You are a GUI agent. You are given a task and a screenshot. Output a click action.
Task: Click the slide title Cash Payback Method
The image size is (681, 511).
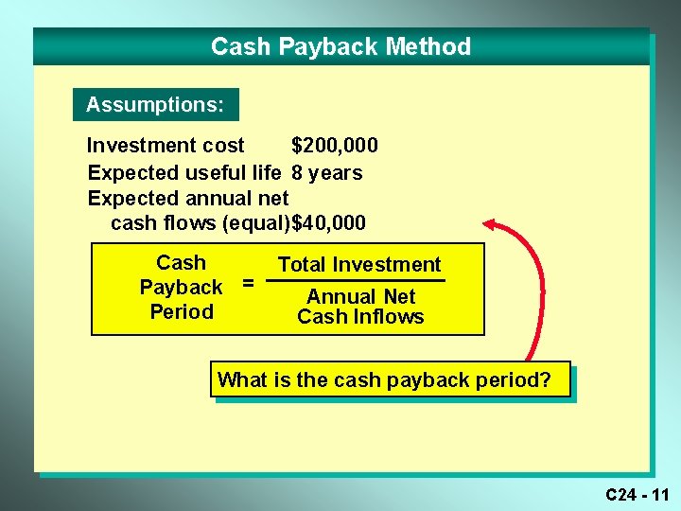click(x=340, y=46)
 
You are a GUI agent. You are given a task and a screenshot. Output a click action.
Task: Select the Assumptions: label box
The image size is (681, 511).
click(x=155, y=104)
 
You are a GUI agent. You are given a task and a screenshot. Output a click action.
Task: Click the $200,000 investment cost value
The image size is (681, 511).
click(x=334, y=146)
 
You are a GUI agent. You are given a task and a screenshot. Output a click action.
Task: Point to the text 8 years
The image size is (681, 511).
click(x=326, y=173)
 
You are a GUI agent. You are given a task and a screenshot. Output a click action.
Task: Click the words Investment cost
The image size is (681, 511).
click(x=166, y=146)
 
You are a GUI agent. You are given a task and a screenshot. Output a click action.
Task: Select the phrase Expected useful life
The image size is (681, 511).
click(x=183, y=173)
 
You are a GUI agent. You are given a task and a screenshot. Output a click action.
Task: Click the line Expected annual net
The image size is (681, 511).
click(x=187, y=199)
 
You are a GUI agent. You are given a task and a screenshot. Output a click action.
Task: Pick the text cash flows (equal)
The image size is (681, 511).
click(x=201, y=224)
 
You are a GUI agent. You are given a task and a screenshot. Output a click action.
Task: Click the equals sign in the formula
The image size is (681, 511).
click(x=248, y=282)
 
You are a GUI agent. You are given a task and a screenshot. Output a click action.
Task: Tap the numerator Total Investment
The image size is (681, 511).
click(x=359, y=265)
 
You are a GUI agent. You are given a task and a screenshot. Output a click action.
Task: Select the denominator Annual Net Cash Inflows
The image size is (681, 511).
click(x=360, y=307)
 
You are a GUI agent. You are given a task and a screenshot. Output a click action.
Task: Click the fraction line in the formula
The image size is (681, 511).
click(x=355, y=281)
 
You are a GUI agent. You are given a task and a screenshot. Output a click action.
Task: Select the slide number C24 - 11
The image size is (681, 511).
click(x=637, y=494)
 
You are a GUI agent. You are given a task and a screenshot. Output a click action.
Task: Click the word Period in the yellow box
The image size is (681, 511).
click(x=182, y=312)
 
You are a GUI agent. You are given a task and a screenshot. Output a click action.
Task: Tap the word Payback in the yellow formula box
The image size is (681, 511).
click(x=181, y=288)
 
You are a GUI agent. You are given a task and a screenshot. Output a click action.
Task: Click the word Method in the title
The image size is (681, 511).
click(x=433, y=46)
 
